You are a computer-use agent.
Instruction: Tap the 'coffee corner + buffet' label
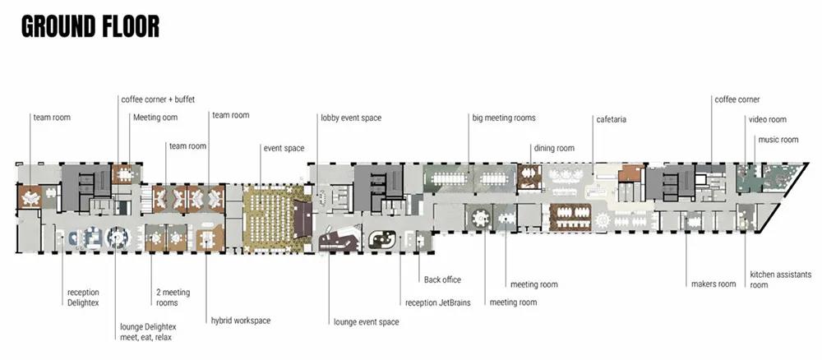pos(158,99)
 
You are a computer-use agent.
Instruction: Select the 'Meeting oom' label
pos(155,118)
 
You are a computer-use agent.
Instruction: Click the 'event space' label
pos(284,148)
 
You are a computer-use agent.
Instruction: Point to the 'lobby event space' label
pos(351,118)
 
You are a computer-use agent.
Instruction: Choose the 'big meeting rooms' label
pos(504,118)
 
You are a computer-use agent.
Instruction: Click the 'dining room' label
pos(554,148)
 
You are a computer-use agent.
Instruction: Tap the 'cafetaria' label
pos(612,119)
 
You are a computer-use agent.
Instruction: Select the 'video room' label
pos(767,120)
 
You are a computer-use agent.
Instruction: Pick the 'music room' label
pos(778,140)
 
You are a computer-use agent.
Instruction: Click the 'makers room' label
pos(713,284)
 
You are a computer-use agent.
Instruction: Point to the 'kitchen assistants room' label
pos(780,279)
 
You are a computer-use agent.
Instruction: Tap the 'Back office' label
pos(442,280)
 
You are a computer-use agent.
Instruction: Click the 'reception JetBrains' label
pos(438,302)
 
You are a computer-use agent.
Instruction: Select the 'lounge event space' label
pos(366,322)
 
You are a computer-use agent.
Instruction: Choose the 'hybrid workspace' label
pos(241,320)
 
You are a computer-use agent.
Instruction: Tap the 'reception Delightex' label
pos(84,298)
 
